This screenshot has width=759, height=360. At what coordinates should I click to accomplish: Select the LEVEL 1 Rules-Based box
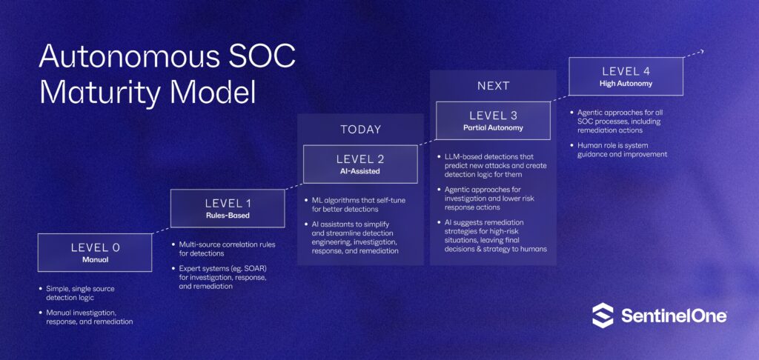(x=227, y=208)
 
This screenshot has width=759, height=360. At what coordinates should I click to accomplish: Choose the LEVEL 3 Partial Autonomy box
(x=493, y=120)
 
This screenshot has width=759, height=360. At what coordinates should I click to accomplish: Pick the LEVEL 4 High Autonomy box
(x=626, y=76)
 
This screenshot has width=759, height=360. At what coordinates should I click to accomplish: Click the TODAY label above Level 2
(x=360, y=129)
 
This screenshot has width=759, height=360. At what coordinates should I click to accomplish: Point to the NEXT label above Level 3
(x=493, y=85)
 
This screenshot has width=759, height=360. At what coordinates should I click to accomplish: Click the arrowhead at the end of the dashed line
(x=701, y=51)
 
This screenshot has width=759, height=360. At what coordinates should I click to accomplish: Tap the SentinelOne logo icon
(x=603, y=315)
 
